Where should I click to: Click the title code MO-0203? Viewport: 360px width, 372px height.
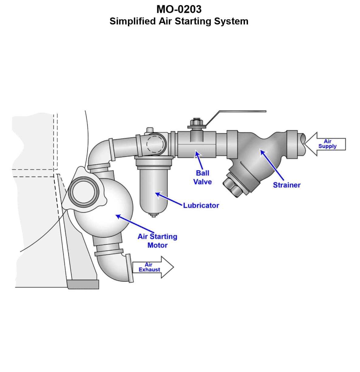point(179,9)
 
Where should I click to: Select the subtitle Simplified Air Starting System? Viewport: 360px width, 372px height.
point(179,21)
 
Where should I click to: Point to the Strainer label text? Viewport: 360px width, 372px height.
point(286,185)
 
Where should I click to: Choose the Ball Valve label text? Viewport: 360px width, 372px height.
point(202,177)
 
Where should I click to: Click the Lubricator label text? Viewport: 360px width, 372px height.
point(201,205)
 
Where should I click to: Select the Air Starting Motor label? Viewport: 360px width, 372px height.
point(157,241)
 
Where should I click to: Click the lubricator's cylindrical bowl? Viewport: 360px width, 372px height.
point(153,190)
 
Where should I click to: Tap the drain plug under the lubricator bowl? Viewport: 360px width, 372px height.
point(153,215)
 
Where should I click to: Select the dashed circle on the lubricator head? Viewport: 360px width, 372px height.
point(156,143)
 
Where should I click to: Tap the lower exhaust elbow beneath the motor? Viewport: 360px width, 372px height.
point(111,267)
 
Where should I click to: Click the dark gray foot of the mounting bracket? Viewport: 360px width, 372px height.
point(83,285)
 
